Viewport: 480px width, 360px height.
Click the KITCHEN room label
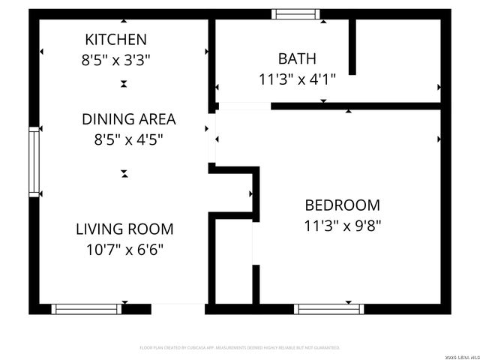click(115, 39)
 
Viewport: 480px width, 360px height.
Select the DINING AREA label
click(128, 118)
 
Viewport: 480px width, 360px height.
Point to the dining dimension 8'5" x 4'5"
click(128, 139)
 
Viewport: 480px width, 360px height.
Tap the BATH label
click(297, 58)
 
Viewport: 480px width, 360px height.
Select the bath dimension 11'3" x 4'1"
click(297, 79)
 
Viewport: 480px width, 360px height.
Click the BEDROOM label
click(342, 205)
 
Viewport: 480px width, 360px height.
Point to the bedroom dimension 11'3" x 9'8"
click(342, 225)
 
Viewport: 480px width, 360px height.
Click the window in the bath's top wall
click(295, 13)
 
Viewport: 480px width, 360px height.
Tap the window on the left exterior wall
click(34, 162)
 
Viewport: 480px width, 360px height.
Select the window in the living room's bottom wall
click(86, 308)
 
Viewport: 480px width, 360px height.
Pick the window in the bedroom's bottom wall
click(329, 308)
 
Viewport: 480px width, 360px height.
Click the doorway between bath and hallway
click(244, 106)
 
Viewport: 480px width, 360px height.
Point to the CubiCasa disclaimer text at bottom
click(240, 348)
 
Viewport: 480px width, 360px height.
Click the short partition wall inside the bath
click(352, 46)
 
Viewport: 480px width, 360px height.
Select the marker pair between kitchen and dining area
click(124, 85)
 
